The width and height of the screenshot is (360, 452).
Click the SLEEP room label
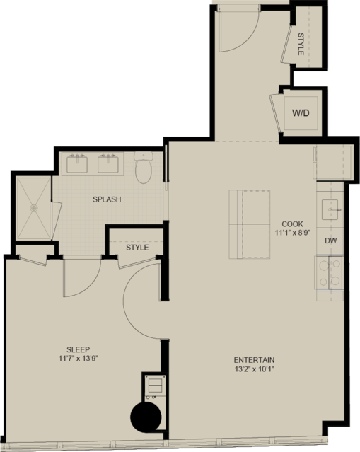(x=78, y=349)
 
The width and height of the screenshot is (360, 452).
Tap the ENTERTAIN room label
(x=254, y=360)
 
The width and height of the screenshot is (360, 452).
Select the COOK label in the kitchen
(x=292, y=224)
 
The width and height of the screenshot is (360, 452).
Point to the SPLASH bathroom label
(x=107, y=199)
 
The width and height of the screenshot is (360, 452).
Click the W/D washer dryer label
(x=301, y=113)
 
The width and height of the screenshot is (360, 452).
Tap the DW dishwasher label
(x=330, y=241)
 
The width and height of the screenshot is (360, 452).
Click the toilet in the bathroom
(x=144, y=167)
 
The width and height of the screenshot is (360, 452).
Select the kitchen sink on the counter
(x=330, y=209)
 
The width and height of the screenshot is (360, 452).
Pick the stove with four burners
(x=329, y=272)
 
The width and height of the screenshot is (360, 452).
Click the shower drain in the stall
(x=34, y=208)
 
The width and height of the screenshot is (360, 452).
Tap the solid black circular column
(x=146, y=417)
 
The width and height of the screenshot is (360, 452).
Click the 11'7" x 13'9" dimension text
(x=80, y=359)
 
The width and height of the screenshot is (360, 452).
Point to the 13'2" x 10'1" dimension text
(x=254, y=369)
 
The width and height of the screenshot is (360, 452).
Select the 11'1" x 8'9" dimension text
(x=292, y=232)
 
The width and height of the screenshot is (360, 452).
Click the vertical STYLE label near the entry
(x=301, y=44)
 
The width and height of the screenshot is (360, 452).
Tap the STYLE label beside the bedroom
(x=137, y=248)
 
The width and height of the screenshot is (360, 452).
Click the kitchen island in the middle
(x=250, y=224)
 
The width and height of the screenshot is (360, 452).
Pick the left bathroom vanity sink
(x=77, y=163)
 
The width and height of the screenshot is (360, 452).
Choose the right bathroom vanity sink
(x=108, y=163)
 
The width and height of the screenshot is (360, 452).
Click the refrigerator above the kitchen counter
(x=333, y=163)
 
